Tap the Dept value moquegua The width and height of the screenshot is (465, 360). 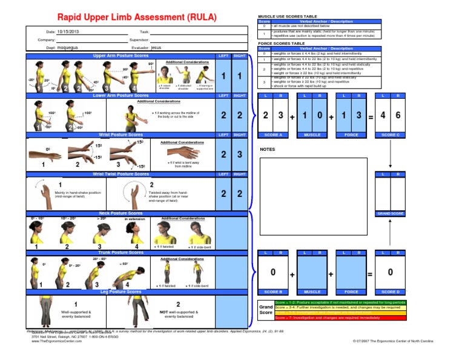[72, 47]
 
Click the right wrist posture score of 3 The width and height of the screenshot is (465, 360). [240, 155]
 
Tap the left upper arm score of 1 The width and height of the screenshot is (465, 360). [224, 76]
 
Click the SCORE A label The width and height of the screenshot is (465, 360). [272, 135]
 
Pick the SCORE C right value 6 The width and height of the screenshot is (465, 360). [397, 115]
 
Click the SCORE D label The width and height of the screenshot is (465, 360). [391, 292]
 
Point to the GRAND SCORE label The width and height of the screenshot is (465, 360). [391, 213]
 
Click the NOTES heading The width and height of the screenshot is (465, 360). [268, 148]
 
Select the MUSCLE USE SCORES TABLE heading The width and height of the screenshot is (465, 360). [287, 16]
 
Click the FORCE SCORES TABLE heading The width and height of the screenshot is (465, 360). [282, 44]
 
